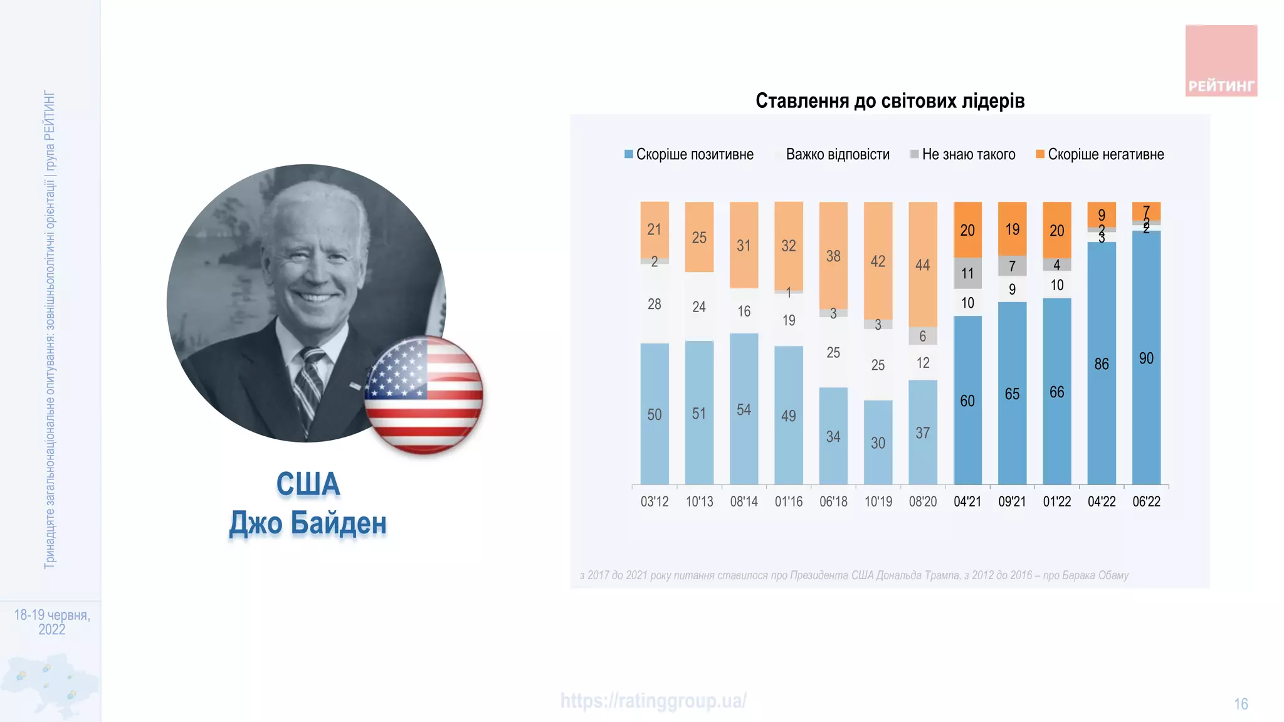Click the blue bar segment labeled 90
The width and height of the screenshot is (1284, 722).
point(1146,358)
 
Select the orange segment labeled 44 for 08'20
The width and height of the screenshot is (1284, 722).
point(922,264)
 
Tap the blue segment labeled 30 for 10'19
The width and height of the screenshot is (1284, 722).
point(878,442)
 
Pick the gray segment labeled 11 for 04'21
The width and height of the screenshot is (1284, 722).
point(967,273)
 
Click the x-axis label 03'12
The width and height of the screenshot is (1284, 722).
point(654,501)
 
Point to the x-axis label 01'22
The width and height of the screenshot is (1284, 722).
point(1056,501)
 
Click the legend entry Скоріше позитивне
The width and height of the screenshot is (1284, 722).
point(690,154)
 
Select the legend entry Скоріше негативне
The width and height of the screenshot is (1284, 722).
point(1100,154)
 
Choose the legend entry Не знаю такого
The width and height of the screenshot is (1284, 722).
point(963,154)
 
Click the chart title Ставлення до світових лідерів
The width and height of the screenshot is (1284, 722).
point(890,100)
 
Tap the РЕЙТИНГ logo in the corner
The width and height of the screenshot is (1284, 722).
point(1221,61)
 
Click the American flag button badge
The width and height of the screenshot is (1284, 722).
point(424,395)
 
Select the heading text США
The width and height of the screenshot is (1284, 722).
point(308,484)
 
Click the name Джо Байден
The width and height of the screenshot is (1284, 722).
point(308,523)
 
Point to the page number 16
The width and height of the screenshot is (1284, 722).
point(1241,704)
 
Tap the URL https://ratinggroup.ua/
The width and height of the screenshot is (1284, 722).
point(653,701)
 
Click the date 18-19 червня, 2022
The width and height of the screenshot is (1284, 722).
point(52,622)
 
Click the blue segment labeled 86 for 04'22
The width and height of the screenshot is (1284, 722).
point(1102,364)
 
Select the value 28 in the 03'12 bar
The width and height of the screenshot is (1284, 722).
point(654,304)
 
